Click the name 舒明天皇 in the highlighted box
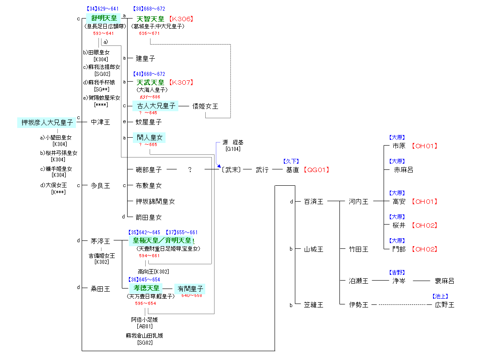click(104, 18)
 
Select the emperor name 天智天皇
click(151, 19)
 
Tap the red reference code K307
click(182, 82)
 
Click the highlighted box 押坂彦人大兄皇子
click(47, 122)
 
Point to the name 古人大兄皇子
click(155, 106)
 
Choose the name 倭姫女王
click(205, 106)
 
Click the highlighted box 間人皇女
click(150, 138)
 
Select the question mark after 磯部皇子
click(190, 170)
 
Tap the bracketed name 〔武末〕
click(232, 170)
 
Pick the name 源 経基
click(233, 142)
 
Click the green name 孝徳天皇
click(146, 288)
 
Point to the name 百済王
click(313, 202)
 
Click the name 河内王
click(358, 202)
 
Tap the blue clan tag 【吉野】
click(397, 273)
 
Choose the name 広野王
click(444, 304)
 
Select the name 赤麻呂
click(403, 170)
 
